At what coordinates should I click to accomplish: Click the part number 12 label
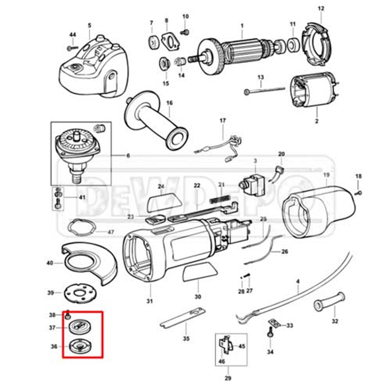321,8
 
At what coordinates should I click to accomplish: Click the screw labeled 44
70,48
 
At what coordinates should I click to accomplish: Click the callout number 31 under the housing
149,301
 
